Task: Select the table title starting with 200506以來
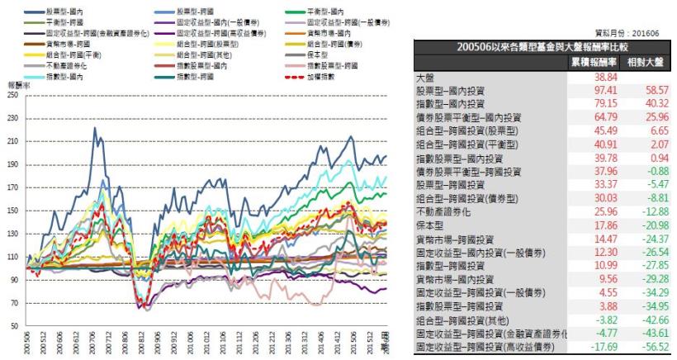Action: coord(543,47)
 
